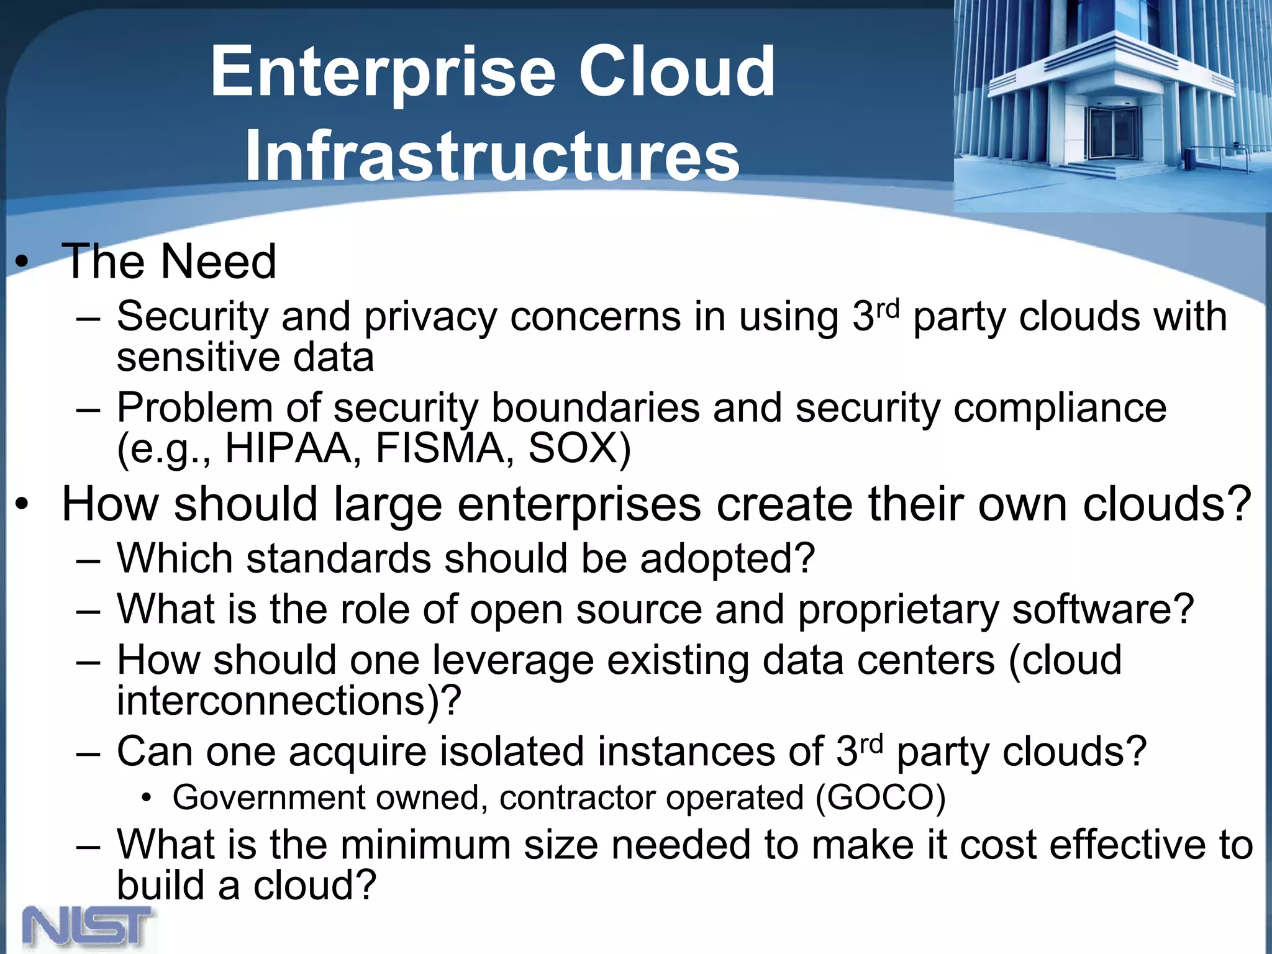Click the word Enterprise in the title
(x=383, y=73)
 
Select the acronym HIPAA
(x=288, y=448)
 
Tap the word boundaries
(x=596, y=408)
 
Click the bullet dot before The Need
(x=22, y=263)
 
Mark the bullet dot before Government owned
(x=146, y=798)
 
